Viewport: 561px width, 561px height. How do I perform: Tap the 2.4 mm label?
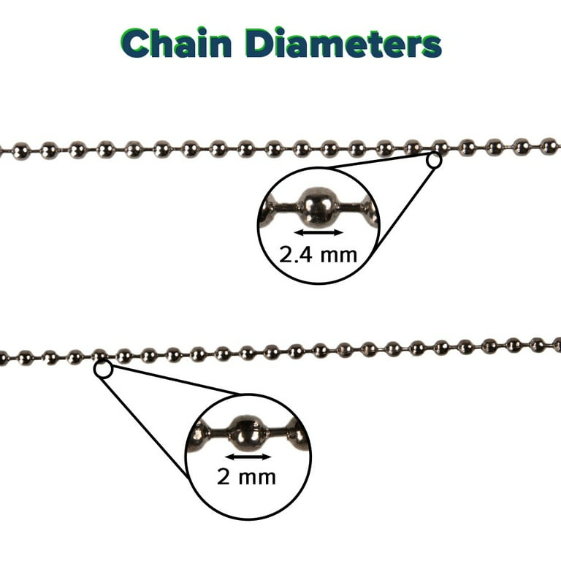tap(318, 254)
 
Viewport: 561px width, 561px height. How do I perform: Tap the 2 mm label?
tap(246, 477)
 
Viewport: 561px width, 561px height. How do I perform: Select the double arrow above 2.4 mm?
tap(318, 233)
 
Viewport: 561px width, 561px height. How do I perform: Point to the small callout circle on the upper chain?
tap(434, 160)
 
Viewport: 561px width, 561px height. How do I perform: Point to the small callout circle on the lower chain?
tap(103, 370)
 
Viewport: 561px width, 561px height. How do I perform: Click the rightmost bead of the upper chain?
tap(549, 146)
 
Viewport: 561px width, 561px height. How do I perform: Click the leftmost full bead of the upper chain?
tap(21, 151)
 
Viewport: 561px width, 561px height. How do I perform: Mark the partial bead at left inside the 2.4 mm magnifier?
tap(269, 211)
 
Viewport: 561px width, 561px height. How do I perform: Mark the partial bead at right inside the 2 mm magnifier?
tap(298, 435)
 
